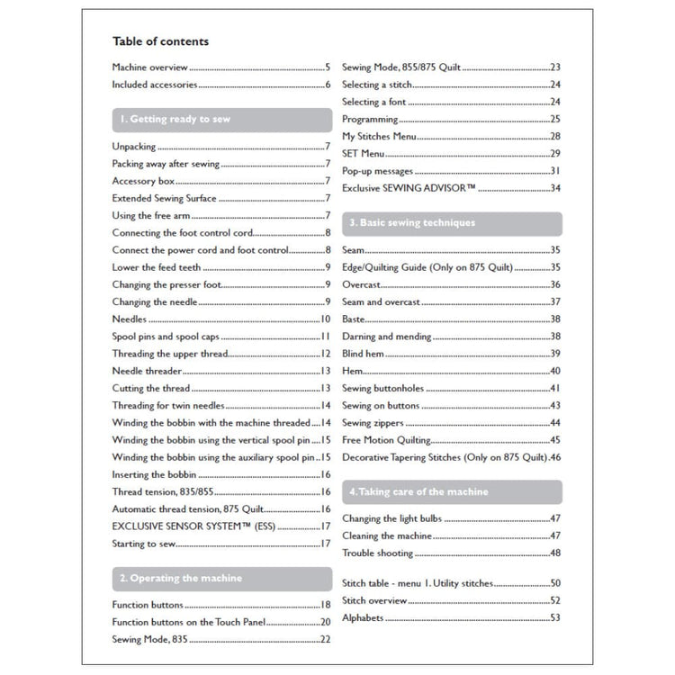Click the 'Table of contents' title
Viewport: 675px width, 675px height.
[160, 41]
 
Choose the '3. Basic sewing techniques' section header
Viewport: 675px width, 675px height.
[411, 222]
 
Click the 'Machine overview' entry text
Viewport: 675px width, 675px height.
[149, 67]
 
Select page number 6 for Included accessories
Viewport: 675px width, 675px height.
[328, 85]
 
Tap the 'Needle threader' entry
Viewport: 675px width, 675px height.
[148, 371]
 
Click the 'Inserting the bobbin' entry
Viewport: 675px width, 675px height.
[153, 474]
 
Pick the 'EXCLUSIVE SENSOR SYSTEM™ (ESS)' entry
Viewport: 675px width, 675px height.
[194, 526]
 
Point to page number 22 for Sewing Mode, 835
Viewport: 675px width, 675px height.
[326, 639]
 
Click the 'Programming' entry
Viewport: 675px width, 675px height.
[370, 119]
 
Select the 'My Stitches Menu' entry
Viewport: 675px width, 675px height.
[379, 136]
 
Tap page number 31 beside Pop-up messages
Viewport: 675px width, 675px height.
[555, 171]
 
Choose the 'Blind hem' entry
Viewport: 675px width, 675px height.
[364, 354]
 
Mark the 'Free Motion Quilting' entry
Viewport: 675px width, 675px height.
[386, 440]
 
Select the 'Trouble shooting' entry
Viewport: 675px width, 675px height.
[378, 553]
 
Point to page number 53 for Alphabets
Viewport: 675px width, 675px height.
[555, 618]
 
